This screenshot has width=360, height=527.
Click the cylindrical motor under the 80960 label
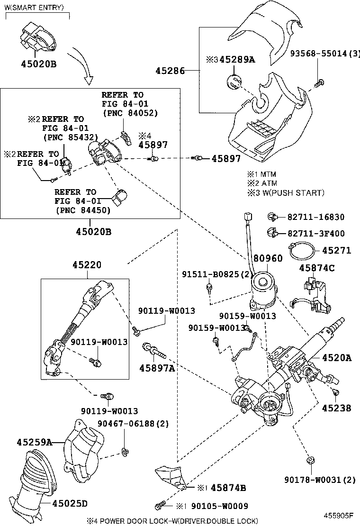pyautogui.click(x=265, y=288)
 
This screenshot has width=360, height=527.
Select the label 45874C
pyautogui.click(x=316, y=268)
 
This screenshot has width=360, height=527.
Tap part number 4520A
pyautogui.click(x=337, y=358)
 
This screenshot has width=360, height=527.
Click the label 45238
pyautogui.click(x=337, y=408)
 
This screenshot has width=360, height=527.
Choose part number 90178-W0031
pyautogui.click(x=320, y=480)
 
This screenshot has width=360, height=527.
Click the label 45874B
pyautogui.click(x=228, y=488)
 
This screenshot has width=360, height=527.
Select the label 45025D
pyautogui.click(x=70, y=503)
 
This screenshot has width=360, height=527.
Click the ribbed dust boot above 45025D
pyautogui.click(x=40, y=474)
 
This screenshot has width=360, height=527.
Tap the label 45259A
pyautogui.click(x=34, y=442)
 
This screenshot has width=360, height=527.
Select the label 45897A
pyautogui.click(x=157, y=368)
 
